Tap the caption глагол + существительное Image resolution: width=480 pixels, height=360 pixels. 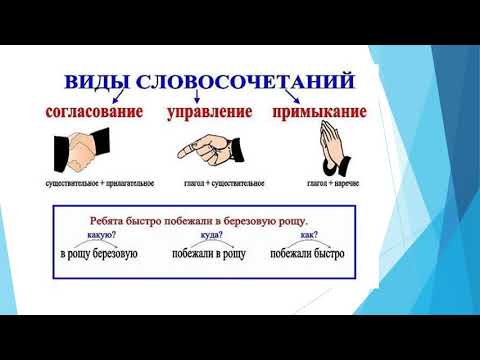point(210,185)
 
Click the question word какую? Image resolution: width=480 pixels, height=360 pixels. point(101,237)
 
